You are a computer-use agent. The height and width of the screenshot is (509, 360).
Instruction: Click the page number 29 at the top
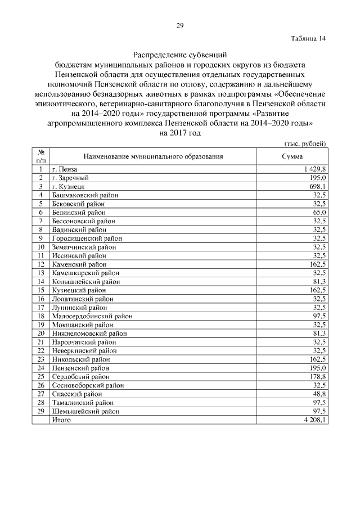tap(180, 25)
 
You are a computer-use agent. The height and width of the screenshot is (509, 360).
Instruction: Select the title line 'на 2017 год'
tap(180, 133)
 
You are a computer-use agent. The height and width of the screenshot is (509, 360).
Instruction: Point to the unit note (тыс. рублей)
tap(305, 144)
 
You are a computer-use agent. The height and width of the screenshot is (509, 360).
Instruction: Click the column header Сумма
tap(292, 156)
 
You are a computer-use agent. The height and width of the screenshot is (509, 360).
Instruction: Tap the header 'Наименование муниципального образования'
tap(154, 156)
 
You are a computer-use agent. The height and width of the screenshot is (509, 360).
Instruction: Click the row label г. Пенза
tap(64, 169)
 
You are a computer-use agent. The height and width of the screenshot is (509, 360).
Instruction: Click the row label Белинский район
tap(78, 212)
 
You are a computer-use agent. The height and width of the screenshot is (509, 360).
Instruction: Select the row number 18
tap(40, 316)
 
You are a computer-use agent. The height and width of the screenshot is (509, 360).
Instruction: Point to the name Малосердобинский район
tap(92, 316)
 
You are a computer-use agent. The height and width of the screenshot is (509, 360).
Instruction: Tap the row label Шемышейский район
tap(85, 411)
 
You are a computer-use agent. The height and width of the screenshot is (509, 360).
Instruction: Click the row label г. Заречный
tap(70, 178)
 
